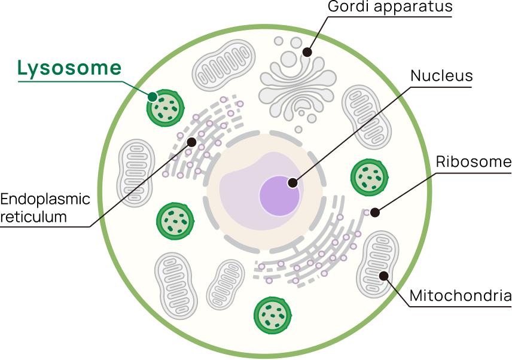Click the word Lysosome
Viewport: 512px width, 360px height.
[69, 68]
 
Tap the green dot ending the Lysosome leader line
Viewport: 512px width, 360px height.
[153, 96]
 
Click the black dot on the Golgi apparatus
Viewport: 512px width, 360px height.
[307, 52]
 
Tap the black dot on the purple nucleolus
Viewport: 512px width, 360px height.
[292, 183]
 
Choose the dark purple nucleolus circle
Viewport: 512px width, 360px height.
[279, 196]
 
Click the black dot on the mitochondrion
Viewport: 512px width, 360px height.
[383, 276]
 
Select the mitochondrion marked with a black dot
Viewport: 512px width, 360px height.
[378, 264]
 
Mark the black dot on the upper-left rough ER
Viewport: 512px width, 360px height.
[191, 142]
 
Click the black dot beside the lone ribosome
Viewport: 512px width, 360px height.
[375, 212]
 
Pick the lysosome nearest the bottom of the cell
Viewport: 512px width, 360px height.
[272, 315]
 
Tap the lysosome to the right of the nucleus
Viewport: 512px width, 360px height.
[369, 178]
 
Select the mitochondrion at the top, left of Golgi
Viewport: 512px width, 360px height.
[224, 65]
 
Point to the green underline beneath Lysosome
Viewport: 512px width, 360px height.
[69, 81]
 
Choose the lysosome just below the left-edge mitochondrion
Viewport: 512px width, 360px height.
[175, 221]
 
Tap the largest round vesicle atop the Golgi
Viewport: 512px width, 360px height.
[289, 59]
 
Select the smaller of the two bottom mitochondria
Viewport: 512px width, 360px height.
[225, 284]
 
